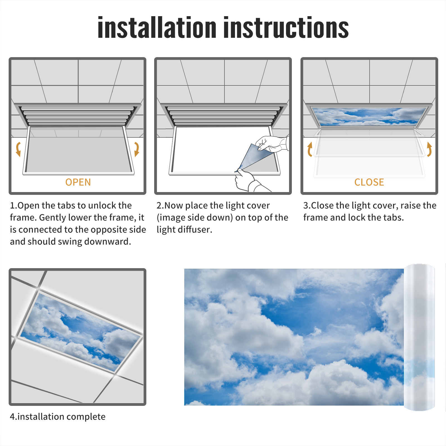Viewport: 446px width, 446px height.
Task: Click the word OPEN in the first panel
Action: click(x=78, y=182)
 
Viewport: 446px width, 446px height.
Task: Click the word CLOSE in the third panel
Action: click(x=369, y=182)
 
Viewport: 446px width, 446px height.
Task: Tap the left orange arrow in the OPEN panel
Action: click(x=18, y=149)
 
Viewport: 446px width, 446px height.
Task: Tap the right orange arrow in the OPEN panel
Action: click(x=137, y=149)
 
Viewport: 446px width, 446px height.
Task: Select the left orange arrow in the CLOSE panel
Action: click(x=309, y=149)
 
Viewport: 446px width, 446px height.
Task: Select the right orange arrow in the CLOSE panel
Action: click(x=429, y=149)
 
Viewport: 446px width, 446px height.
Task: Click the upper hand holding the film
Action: click(x=272, y=144)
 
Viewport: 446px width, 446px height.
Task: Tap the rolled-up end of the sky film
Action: click(x=419, y=337)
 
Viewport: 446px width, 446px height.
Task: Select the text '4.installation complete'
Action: click(x=58, y=417)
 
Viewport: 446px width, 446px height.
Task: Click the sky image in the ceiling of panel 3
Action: click(x=369, y=116)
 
